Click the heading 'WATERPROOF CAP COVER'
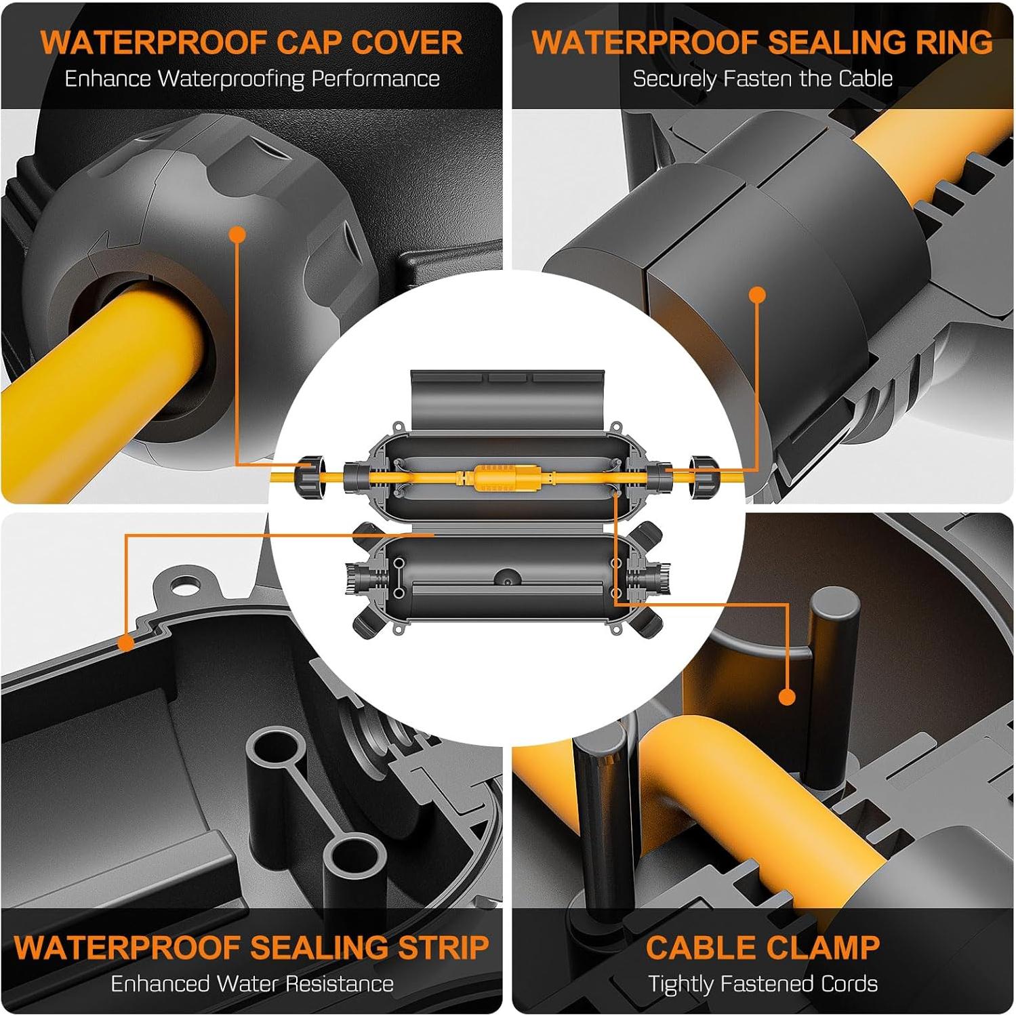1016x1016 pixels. point(251,42)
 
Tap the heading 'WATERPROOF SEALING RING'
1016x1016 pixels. point(763,42)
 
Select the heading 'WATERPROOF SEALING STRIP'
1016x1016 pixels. point(251,947)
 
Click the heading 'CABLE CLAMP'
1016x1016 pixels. point(763,947)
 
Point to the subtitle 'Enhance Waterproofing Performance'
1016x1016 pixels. point(252,79)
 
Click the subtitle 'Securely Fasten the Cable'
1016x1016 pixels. point(763,79)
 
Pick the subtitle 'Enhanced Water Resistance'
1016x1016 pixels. point(252,983)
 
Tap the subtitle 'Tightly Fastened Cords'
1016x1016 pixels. point(763,983)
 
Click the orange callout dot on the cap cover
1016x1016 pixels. point(237,235)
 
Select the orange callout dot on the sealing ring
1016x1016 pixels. point(758,295)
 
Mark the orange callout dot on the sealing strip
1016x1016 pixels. point(126,642)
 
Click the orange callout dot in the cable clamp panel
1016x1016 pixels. point(787,697)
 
